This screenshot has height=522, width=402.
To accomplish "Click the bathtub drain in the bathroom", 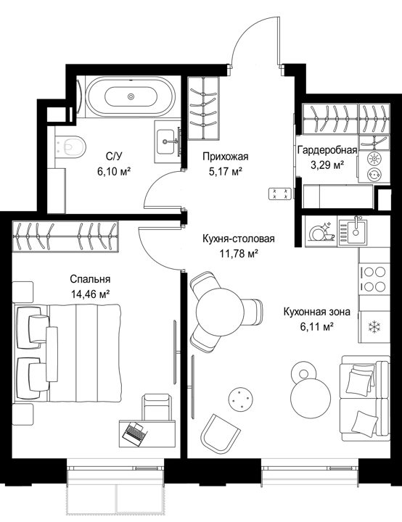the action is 131,96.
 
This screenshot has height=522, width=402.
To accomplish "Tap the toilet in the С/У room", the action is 70,146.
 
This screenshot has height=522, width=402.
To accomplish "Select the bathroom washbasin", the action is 165,141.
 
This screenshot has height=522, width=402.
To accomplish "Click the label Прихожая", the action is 226,156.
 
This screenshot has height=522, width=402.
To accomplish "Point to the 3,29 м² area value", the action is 327,165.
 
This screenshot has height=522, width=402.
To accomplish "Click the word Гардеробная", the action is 327,150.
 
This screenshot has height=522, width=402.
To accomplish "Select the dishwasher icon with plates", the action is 321,231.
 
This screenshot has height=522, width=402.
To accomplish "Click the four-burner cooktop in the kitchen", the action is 374,279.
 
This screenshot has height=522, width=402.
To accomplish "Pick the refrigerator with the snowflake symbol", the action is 374,326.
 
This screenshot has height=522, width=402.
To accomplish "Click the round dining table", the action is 218,312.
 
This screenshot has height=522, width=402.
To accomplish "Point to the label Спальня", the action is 90,279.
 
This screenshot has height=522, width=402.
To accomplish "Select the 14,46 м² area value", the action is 90,294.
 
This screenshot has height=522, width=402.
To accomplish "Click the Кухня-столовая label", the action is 239,239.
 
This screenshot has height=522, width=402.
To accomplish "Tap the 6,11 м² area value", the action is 317,326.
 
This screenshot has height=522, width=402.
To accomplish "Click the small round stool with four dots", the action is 239,399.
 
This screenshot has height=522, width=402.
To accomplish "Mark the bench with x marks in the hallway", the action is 280,194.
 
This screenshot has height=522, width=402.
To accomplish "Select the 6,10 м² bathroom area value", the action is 114,171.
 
